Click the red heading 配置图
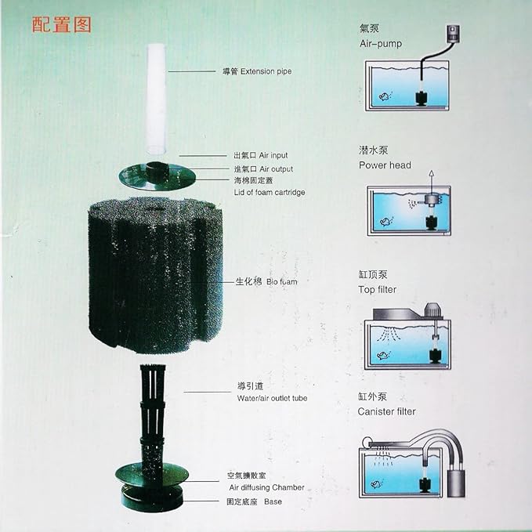(62, 24)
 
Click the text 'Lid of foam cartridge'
(270, 192)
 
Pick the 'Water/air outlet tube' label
(272, 398)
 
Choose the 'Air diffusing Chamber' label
(261, 487)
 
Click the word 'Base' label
(273, 501)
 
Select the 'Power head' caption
(385, 165)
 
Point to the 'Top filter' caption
(378, 290)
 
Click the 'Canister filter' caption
(387, 411)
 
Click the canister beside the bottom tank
(459, 477)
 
